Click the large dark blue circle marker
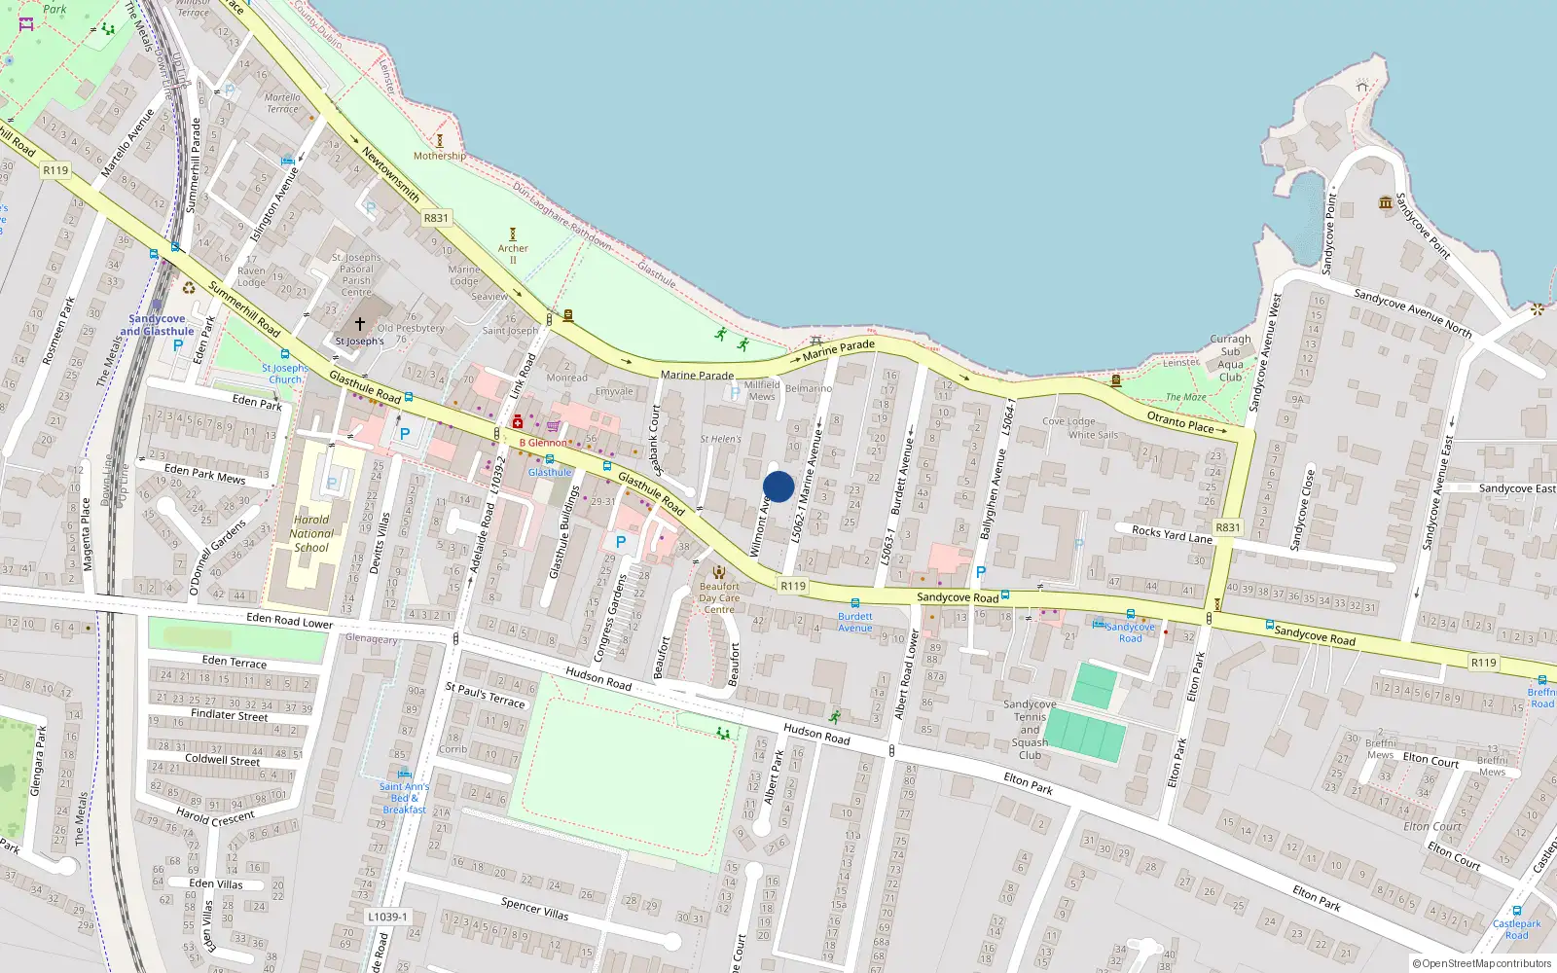(x=778, y=486)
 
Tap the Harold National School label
(x=311, y=533)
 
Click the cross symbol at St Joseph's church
(x=359, y=323)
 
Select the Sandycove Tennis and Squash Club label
(x=1030, y=730)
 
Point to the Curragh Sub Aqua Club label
(x=1230, y=358)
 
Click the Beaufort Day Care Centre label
(x=719, y=597)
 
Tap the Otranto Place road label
(x=1179, y=421)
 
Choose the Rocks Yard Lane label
(x=1172, y=533)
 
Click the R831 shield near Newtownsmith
(x=436, y=218)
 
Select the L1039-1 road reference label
(x=387, y=917)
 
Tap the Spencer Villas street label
(x=534, y=909)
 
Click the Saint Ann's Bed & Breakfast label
(x=404, y=798)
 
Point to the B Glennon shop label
(x=542, y=443)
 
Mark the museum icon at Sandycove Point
(x=1385, y=202)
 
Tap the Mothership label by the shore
(x=439, y=156)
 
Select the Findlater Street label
(x=229, y=714)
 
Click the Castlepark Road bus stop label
(x=1516, y=929)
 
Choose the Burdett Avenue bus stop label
(x=855, y=622)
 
